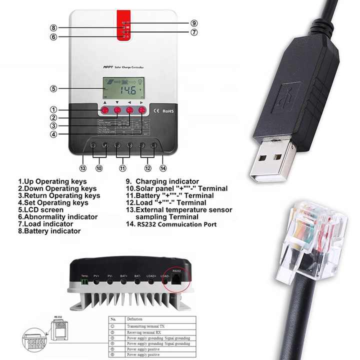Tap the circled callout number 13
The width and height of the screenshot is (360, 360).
[x=83, y=168]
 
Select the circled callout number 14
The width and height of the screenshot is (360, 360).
[x=163, y=168]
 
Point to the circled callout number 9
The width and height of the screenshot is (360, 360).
[x=193, y=23]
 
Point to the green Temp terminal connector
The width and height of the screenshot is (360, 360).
[x=84, y=282]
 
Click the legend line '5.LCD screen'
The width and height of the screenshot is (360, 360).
[x=41, y=210]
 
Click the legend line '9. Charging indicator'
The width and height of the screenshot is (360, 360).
[x=162, y=181]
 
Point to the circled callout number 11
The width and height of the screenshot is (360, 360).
[x=122, y=168]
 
